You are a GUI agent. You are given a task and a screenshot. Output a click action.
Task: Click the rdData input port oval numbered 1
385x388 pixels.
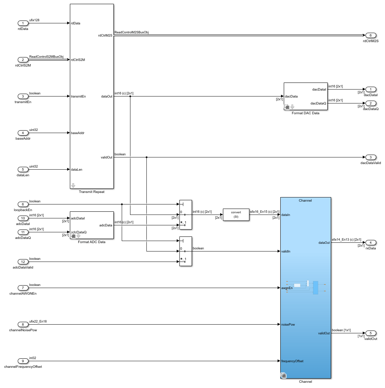pyautogui.click(x=23, y=23)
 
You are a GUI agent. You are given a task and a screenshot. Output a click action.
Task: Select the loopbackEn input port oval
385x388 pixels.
pyautogui.click(x=23, y=204)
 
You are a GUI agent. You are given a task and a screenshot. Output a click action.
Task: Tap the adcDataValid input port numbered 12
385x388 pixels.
pyautogui.click(x=23, y=262)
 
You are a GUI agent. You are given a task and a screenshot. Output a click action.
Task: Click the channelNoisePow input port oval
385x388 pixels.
pyautogui.click(x=23, y=325)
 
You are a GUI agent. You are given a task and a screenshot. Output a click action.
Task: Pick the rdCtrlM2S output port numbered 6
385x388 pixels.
pyautogui.click(x=370, y=36)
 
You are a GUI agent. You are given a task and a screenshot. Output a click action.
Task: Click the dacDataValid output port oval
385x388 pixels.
pyautogui.click(x=370, y=157)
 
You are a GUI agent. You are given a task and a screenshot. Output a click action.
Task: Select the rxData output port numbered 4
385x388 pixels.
pyautogui.click(x=370, y=243)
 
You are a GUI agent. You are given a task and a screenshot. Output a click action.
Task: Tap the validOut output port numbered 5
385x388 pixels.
pyautogui.click(x=370, y=333)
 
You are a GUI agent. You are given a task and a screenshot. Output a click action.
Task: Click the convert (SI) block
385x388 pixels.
pyautogui.click(x=236, y=215)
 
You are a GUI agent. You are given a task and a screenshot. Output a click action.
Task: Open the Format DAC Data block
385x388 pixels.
pyautogui.click(x=305, y=96)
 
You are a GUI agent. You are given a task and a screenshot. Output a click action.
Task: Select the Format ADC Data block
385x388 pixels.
pyautogui.click(x=91, y=225)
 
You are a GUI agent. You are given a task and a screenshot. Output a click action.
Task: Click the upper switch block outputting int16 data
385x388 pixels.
pyautogui.click(x=185, y=215)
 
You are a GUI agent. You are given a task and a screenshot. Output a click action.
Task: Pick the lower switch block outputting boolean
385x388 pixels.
pyautogui.click(x=185, y=251)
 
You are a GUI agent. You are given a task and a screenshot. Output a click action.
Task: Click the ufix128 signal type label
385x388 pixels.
pyautogui.click(x=34, y=20)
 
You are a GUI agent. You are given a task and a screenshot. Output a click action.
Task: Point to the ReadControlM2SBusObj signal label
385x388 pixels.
pyautogui.click(x=131, y=32)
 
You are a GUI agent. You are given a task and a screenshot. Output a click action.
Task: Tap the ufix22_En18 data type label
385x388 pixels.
pyautogui.click(x=38, y=321)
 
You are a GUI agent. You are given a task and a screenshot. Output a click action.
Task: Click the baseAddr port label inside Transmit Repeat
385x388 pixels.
pyautogui.click(x=78, y=133)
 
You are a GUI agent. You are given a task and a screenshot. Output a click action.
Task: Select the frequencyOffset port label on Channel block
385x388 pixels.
pyautogui.click(x=292, y=361)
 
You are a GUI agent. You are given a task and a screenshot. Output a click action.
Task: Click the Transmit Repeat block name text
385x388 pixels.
pyautogui.click(x=91, y=192)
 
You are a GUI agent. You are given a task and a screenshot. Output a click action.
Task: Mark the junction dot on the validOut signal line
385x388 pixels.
pyautogui.click(x=146, y=157)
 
